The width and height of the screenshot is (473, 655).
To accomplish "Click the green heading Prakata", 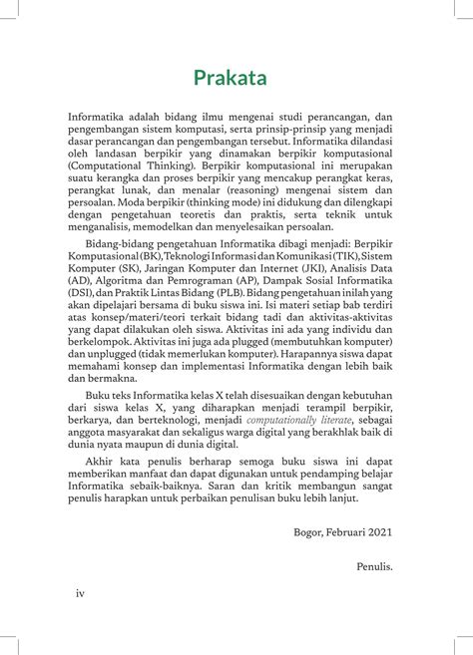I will (x=236, y=76).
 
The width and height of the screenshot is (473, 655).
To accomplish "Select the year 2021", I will (x=380, y=531).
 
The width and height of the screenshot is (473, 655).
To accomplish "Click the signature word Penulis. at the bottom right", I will (x=374, y=566).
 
